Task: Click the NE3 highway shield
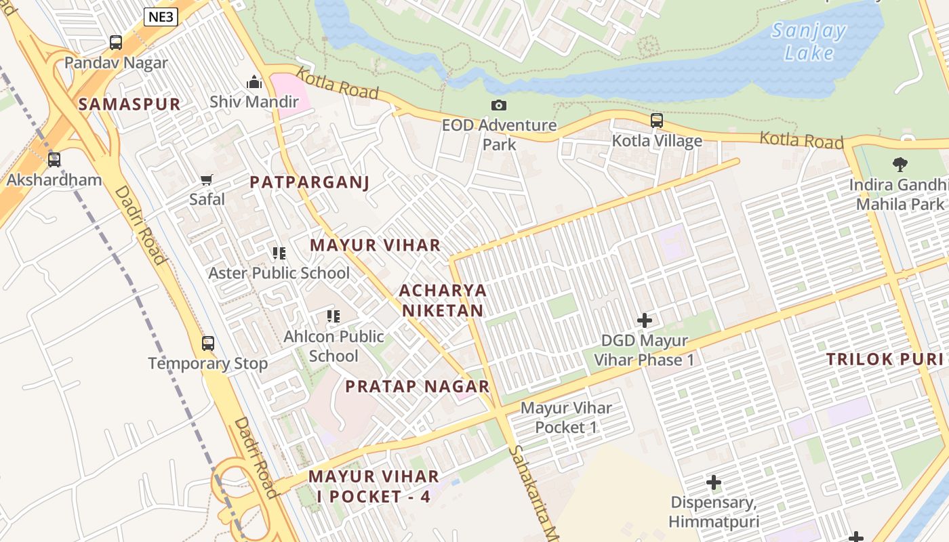point(161,18)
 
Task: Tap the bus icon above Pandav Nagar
point(116,43)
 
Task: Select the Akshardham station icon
point(54,160)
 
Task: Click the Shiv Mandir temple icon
point(254,82)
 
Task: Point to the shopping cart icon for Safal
point(207,180)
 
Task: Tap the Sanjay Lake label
point(809,41)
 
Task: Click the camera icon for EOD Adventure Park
point(499,105)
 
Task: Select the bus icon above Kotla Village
point(657,121)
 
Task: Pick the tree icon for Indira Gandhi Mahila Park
point(900,164)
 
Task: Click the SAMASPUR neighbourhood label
point(129,104)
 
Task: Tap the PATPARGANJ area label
point(309,182)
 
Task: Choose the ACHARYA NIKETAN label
point(443,300)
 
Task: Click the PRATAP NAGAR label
point(418,386)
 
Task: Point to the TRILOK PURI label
point(885,360)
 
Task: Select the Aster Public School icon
point(279,253)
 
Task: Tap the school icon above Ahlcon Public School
point(333,316)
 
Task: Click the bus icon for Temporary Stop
point(208,343)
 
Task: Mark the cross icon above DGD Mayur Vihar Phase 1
point(645,320)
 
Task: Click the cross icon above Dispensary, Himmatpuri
point(713,482)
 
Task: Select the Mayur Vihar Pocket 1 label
point(566,417)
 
